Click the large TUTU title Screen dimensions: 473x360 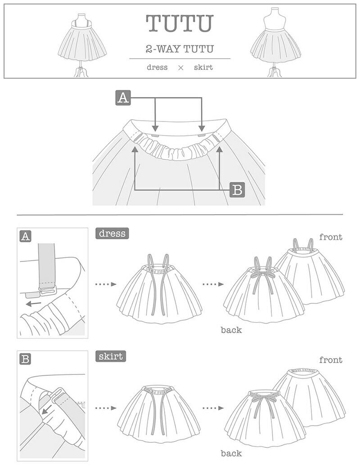point(180,23)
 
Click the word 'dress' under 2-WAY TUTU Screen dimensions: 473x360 point(157,68)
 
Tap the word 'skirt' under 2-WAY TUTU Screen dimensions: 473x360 point(203,68)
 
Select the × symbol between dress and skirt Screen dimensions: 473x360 point(180,68)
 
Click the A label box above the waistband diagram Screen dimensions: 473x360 point(123,98)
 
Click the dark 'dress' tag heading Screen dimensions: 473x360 point(111,234)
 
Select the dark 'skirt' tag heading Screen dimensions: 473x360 point(111,357)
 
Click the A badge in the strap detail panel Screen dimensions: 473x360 point(26,236)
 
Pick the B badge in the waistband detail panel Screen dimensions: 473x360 point(26,359)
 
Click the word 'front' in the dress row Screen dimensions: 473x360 point(331,237)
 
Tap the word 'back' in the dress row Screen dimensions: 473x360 point(231,330)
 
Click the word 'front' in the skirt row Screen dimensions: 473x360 point(331,360)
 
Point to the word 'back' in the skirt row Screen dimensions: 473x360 point(231,453)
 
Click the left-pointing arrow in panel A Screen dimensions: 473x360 point(32,304)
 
